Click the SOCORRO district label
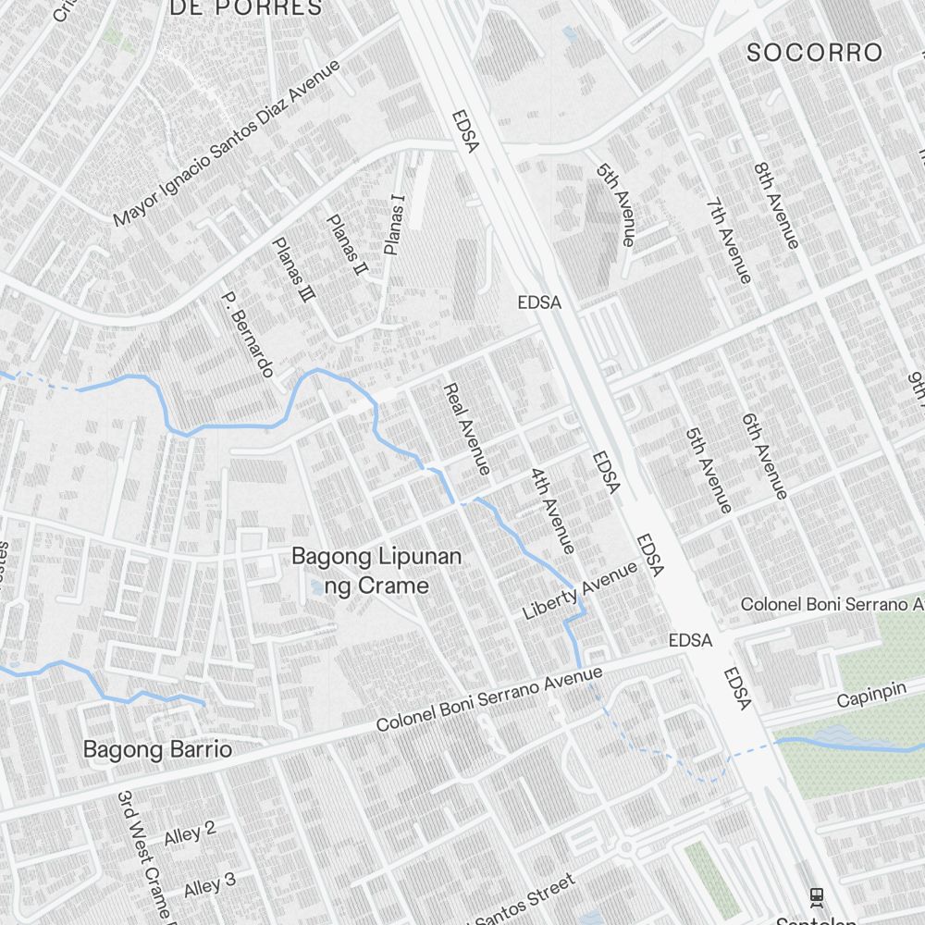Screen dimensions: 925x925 814,53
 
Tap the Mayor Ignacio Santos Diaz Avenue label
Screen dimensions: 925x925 227,143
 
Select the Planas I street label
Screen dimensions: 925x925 395,225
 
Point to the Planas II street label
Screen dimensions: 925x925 347,246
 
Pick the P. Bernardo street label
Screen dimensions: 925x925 247,335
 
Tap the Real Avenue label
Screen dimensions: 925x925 466,429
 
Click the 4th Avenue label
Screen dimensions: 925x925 552,510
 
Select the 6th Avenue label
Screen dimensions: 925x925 764,456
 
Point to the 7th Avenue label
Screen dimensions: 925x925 728,240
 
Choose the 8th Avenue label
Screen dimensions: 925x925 775,206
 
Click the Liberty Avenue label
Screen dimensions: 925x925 580,591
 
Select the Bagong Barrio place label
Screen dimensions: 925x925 157,748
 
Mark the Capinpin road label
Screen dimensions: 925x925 871,697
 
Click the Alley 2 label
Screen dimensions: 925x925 190,832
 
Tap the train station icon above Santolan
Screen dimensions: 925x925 816,895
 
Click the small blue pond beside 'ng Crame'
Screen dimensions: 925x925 317,587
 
